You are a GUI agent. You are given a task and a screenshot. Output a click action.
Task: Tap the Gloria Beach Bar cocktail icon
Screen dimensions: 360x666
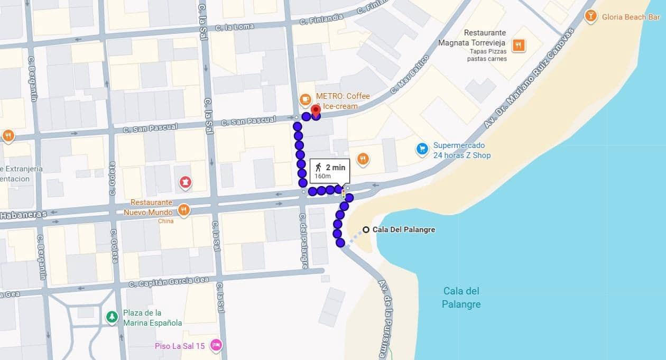[x=590, y=17]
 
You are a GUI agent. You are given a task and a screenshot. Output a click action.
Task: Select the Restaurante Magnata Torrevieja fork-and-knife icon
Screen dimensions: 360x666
[x=519, y=45]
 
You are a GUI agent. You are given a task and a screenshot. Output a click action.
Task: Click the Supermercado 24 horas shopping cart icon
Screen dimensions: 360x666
[x=422, y=150]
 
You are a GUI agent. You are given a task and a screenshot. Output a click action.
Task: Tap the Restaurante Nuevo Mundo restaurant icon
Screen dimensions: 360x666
[x=183, y=210]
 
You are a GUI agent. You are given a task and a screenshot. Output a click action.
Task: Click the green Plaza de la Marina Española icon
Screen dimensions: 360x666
[x=112, y=317]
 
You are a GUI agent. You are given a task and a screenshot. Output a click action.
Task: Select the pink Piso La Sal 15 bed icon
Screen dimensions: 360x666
[x=215, y=346]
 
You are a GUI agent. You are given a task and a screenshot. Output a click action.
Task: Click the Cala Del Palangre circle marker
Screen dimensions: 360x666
[x=366, y=230]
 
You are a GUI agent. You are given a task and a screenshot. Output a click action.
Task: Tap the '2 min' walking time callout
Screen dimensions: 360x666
[x=329, y=170]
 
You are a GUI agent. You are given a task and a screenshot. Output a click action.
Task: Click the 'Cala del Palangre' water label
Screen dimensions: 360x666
[x=461, y=298]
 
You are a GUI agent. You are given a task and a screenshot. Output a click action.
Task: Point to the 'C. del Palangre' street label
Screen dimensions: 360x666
[x=303, y=241]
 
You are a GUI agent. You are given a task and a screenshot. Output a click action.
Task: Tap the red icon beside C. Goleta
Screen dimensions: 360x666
[x=186, y=183]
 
